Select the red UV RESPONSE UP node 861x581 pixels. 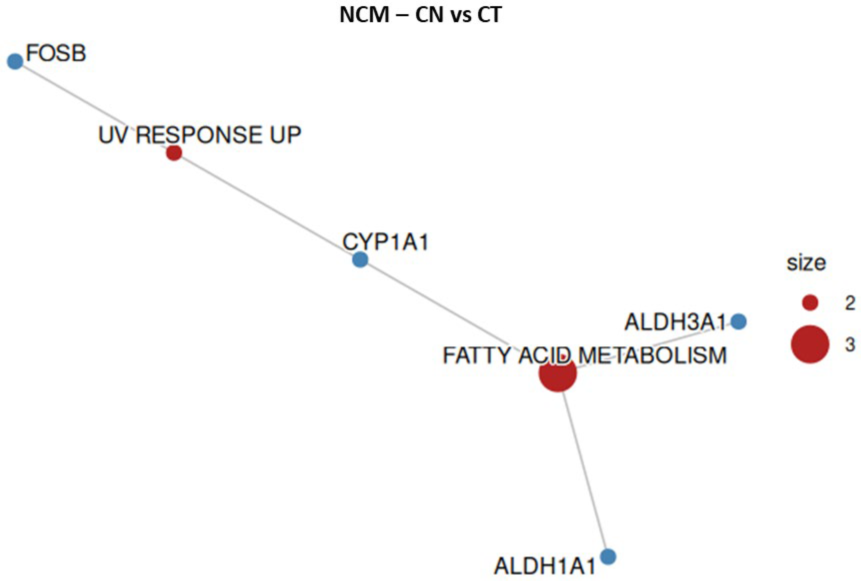click(174, 153)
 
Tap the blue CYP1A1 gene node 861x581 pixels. click(360, 260)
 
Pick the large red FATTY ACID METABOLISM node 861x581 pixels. click(558, 373)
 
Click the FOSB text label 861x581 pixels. click(56, 53)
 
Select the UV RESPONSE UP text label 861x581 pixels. click(199, 135)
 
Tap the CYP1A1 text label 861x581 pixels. click(385, 243)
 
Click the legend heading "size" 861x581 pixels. click(806, 263)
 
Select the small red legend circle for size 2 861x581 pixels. click(810, 302)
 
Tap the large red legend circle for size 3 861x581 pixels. click(810, 344)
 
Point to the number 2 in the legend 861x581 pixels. click(850, 303)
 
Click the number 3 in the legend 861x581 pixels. click(850, 345)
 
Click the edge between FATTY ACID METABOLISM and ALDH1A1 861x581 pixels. click(584, 474)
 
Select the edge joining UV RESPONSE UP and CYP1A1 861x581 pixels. click(267, 206)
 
